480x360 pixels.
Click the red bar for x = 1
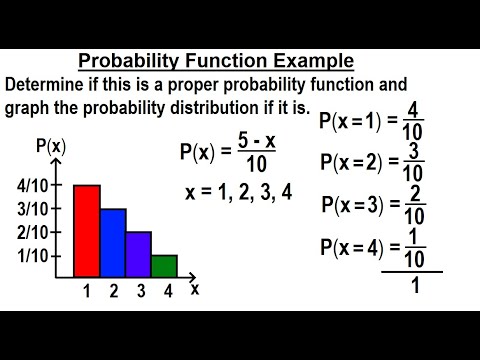tap(87, 231)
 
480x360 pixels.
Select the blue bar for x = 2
tap(113, 243)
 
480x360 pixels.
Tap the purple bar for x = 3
tap(138, 254)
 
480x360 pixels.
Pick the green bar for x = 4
tap(164, 266)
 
